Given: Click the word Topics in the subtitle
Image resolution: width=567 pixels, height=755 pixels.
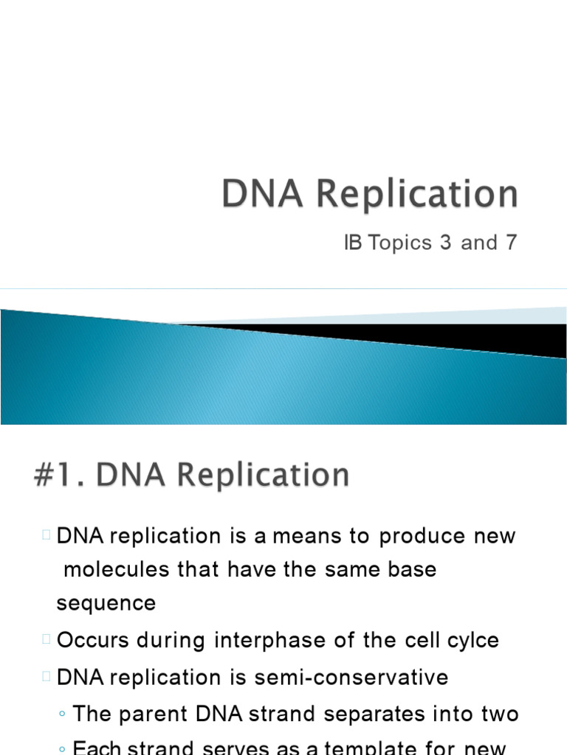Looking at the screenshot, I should coord(399,243).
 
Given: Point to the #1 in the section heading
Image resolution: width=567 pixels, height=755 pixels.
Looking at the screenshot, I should coord(55,475).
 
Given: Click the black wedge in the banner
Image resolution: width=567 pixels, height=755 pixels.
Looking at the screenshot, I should coord(413,336).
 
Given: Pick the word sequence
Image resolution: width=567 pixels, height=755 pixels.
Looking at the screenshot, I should coord(106,603).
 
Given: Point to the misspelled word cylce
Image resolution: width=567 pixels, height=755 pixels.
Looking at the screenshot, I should coord(473,640).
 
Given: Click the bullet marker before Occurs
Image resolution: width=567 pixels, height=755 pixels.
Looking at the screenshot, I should coord(46,640).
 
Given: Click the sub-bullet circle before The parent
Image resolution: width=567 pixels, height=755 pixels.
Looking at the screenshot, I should coord(63,714).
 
